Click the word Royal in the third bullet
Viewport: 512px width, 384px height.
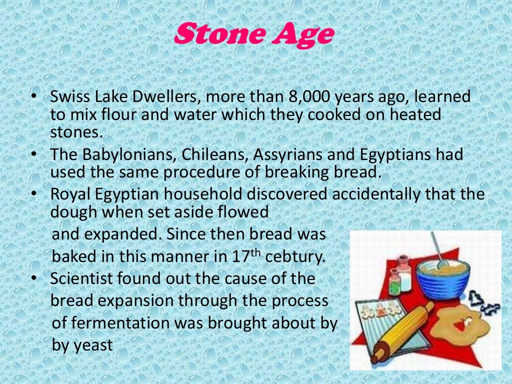tap(70, 194)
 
